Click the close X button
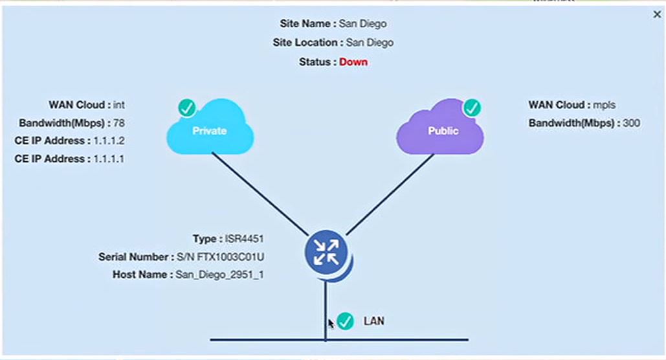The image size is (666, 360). (657, 14)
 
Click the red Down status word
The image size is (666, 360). (353, 62)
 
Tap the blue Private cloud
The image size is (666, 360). (210, 131)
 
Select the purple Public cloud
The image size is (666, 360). (442, 131)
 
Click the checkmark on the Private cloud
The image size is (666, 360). (187, 107)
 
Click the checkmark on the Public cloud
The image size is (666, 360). (472, 107)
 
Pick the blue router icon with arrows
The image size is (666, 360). (326, 252)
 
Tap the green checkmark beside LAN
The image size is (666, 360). (346, 321)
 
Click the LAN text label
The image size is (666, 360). (373, 321)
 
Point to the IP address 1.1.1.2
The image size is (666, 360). (109, 141)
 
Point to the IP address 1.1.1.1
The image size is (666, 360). (109, 159)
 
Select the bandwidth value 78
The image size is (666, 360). (118, 123)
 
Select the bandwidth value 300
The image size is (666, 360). (631, 123)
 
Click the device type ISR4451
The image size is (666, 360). (244, 239)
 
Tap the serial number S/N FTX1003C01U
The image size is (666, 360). (219, 257)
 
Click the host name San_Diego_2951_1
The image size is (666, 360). (219, 275)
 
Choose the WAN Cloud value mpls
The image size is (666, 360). (605, 105)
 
